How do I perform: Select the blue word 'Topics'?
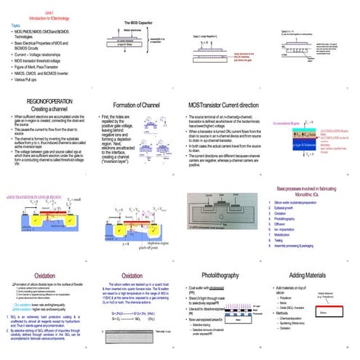[x=15, y=25]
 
